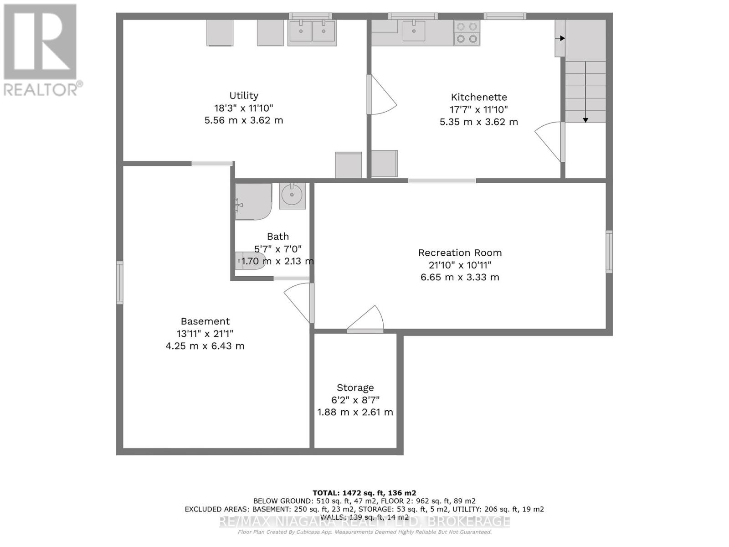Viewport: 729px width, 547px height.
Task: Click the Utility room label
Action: click(x=244, y=96)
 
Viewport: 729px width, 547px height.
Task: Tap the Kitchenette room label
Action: click(x=479, y=97)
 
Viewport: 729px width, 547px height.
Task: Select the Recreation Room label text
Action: click(x=460, y=253)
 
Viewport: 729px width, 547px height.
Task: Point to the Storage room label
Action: click(x=355, y=387)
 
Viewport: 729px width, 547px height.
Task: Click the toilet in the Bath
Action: click(x=250, y=261)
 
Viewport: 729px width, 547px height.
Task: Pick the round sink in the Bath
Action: click(x=292, y=196)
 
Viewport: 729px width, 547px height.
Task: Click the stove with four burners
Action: click(x=467, y=33)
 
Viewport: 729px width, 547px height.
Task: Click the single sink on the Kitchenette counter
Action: click(x=414, y=31)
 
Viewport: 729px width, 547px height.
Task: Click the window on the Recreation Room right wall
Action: click(x=609, y=252)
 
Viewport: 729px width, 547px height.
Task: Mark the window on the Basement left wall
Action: click(x=119, y=282)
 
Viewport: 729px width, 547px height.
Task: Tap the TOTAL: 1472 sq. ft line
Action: click(x=364, y=493)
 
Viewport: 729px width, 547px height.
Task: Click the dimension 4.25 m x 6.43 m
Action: click(x=205, y=346)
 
